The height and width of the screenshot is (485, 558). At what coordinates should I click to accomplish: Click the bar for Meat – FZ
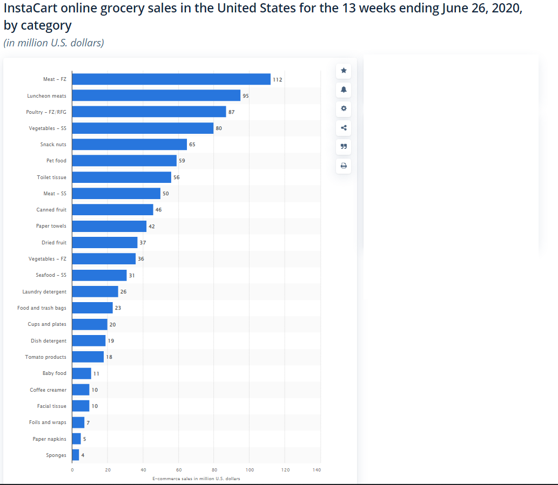click(171, 79)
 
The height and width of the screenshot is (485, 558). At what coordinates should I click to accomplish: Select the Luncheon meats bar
click(156, 95)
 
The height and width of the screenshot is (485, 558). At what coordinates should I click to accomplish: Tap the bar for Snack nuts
click(129, 145)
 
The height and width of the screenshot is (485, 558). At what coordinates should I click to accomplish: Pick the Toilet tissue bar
click(121, 177)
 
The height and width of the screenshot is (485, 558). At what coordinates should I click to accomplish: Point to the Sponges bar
click(75, 455)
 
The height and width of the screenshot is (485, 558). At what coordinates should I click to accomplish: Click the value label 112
click(277, 79)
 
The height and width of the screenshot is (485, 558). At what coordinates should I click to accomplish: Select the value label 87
click(231, 112)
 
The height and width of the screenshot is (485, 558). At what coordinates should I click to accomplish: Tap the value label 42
click(152, 227)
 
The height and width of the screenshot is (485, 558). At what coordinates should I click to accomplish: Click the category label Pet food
click(56, 161)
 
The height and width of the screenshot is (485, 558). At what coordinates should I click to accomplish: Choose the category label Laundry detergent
click(44, 292)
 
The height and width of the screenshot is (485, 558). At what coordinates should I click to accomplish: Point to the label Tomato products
click(46, 357)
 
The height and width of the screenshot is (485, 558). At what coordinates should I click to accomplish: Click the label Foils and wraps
click(48, 422)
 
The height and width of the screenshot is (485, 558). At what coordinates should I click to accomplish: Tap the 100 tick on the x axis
click(250, 470)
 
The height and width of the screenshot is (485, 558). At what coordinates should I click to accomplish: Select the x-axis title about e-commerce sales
click(196, 479)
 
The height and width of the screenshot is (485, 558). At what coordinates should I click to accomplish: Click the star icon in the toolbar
click(344, 70)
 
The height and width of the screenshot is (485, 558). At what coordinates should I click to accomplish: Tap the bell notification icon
click(344, 88)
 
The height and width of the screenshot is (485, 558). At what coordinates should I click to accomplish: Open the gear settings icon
click(344, 108)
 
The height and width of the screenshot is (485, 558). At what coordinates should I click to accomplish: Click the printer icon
click(344, 166)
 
